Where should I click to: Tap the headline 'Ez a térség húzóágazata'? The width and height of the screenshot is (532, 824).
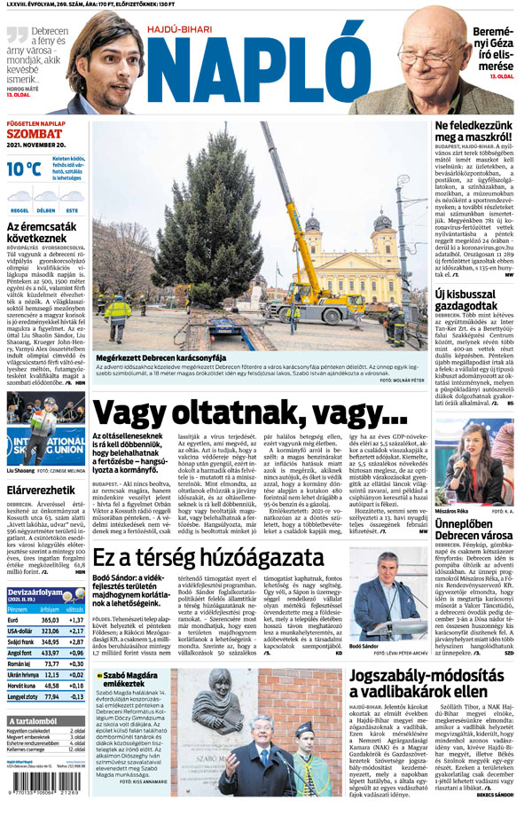point(213,558)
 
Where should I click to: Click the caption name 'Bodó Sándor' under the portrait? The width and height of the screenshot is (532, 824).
point(367,647)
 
